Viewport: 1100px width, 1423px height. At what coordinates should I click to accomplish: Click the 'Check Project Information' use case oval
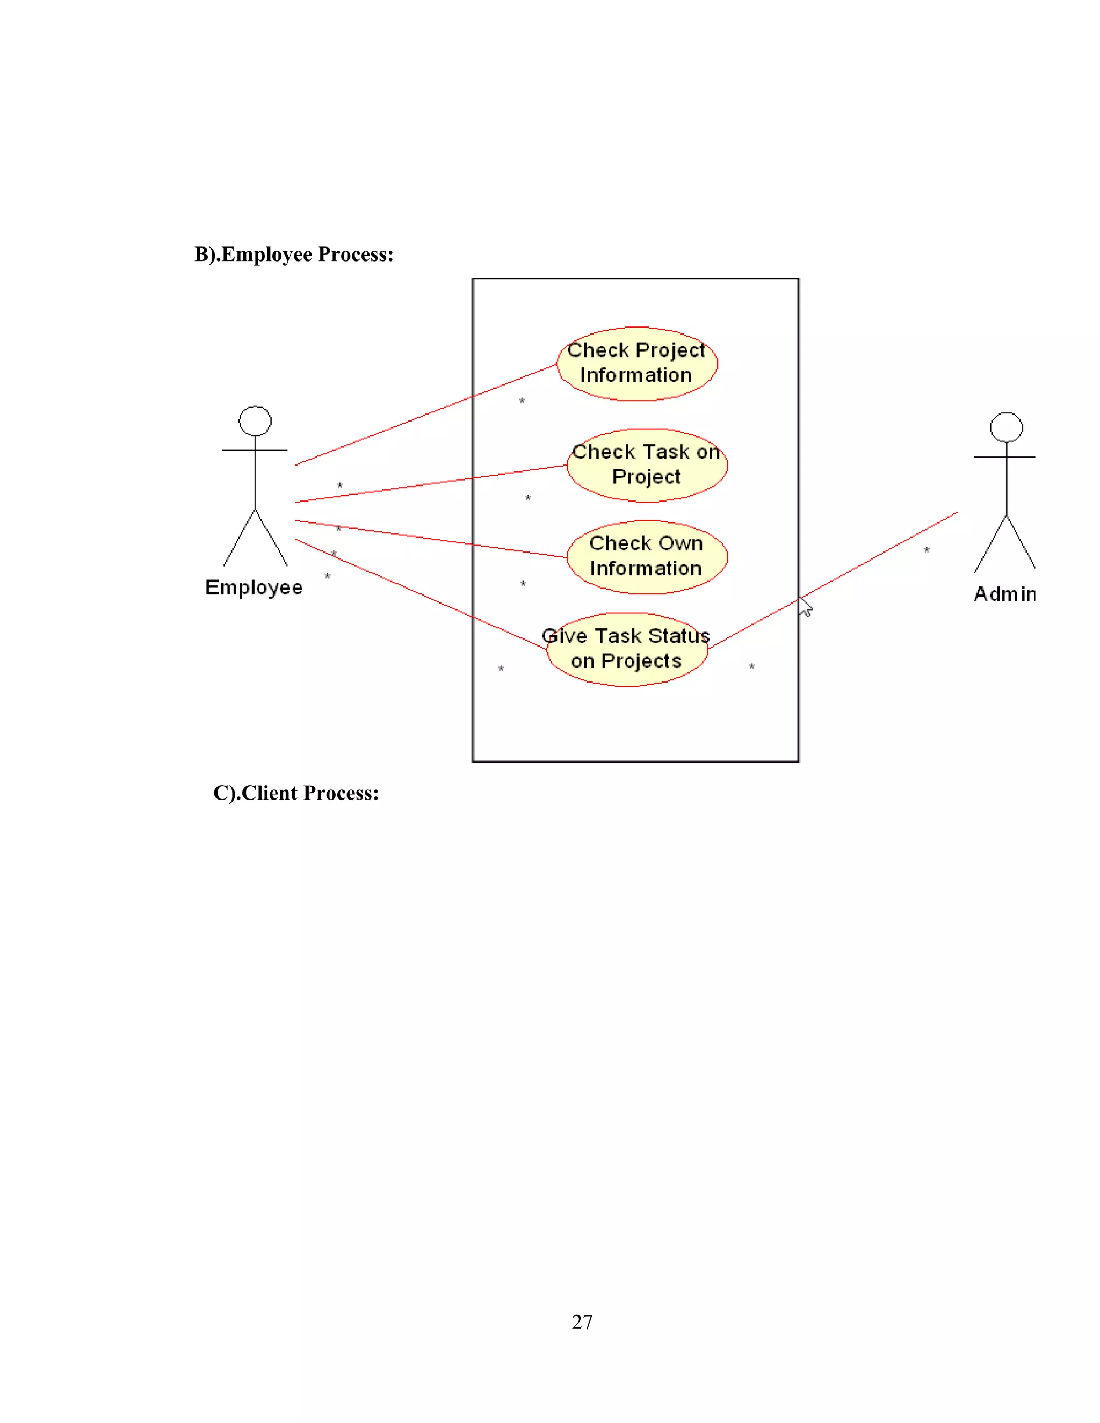click(636, 364)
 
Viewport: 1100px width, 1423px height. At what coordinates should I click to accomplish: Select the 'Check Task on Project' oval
click(647, 465)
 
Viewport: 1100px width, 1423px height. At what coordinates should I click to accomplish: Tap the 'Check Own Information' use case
click(647, 557)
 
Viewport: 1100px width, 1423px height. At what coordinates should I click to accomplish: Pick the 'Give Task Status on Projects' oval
click(627, 649)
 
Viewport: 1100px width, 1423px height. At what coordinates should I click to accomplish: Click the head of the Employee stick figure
click(255, 421)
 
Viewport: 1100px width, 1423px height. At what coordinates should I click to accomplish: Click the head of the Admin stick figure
click(1005, 427)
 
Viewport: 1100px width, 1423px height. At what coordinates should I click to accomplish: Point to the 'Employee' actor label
click(254, 587)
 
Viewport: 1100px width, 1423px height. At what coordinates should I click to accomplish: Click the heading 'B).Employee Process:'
click(294, 254)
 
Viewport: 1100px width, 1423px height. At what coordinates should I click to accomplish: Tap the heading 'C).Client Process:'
click(296, 793)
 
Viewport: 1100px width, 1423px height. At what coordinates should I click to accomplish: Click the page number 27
click(582, 1322)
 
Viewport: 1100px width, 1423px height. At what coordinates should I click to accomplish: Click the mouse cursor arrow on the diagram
click(806, 607)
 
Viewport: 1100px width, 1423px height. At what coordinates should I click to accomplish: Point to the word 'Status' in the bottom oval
click(678, 636)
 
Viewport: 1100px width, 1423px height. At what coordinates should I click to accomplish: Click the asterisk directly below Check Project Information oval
click(522, 401)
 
